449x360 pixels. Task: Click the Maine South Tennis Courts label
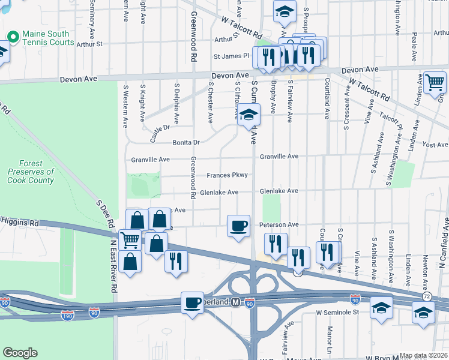click(48, 38)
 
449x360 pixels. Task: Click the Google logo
click(20, 353)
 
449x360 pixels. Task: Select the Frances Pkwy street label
click(227, 175)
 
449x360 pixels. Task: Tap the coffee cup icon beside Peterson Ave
click(238, 226)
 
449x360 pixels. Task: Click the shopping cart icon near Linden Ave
click(435, 83)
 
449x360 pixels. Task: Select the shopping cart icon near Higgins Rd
click(130, 240)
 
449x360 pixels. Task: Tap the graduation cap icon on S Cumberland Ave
click(248, 115)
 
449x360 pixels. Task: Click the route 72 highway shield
click(426, 297)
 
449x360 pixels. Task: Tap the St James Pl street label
click(231, 56)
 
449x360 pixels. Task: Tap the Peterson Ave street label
click(279, 224)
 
